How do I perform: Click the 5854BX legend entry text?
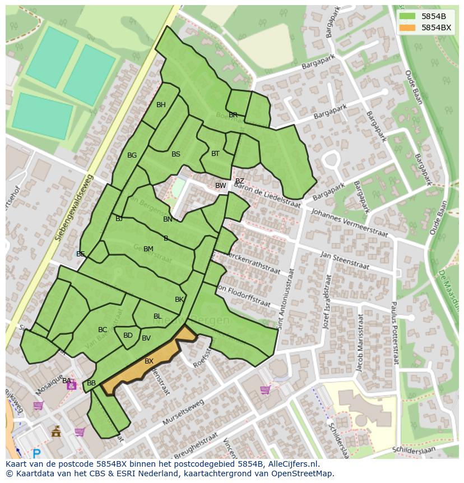[436, 27]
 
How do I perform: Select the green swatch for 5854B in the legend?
[407, 16]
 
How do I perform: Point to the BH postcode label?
[161, 105]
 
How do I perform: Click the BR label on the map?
[233, 115]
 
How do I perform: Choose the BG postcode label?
[132, 155]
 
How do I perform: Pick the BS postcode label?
[176, 154]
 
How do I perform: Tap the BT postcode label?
[215, 153]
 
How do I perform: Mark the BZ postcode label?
[239, 181]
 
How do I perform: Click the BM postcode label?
[148, 249]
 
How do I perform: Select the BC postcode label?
[103, 330]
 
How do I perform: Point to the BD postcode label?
[128, 335]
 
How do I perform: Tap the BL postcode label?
[157, 316]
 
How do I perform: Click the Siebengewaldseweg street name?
[75, 208]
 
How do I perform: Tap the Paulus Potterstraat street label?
[394, 332]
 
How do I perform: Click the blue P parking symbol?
[37, 454]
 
